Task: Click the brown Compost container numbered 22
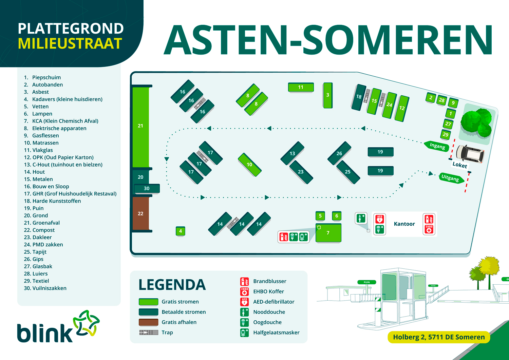[x=140, y=213]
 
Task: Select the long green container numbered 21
[x=140, y=126]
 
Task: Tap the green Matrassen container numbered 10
[x=249, y=165]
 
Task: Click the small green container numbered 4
[x=180, y=231]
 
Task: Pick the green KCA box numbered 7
[x=328, y=233]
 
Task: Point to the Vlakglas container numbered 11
[x=301, y=87]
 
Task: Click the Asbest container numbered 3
[x=327, y=95]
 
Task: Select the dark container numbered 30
[x=147, y=189]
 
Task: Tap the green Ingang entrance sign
[x=437, y=146]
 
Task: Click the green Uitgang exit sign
[x=450, y=178]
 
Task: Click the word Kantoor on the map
[x=404, y=224]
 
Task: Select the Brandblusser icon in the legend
[x=244, y=281]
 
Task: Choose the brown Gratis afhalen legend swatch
[x=148, y=322]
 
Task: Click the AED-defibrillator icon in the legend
[x=244, y=302]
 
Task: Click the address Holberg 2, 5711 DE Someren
[x=438, y=337]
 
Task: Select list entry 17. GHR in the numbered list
[x=70, y=194]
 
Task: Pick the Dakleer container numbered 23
[x=301, y=172]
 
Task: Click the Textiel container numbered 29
[x=445, y=134]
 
